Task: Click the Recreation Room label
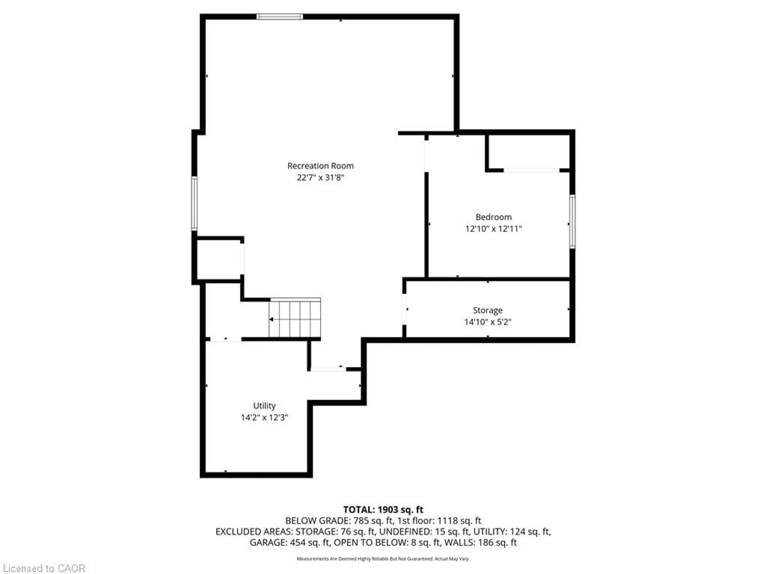pos(320,166)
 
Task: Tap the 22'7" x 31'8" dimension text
pos(320,178)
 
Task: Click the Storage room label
pos(488,310)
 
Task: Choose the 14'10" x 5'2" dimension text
pos(488,322)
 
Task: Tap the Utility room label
pos(264,406)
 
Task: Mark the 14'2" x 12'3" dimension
pos(264,418)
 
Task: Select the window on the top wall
pos(279,17)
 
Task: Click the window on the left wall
pos(194,203)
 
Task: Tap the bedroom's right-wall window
pos(573,221)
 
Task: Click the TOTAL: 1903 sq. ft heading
pos(383,510)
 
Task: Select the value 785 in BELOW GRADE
pos(360,521)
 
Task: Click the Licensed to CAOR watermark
pos(44,568)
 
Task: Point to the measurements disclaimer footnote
pos(383,559)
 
